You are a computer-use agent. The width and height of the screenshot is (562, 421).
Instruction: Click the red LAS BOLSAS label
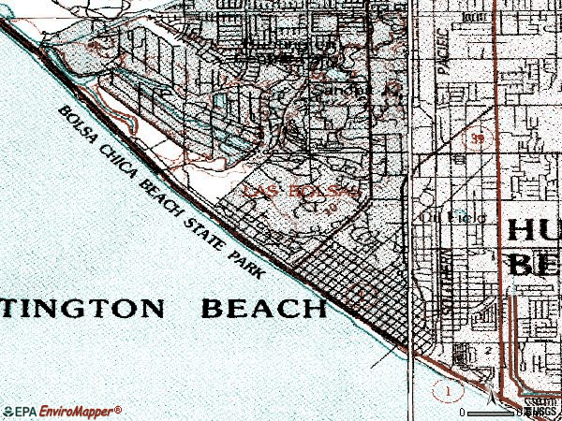click(300, 191)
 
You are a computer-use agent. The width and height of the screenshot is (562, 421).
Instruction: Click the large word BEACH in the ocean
click(263, 308)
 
